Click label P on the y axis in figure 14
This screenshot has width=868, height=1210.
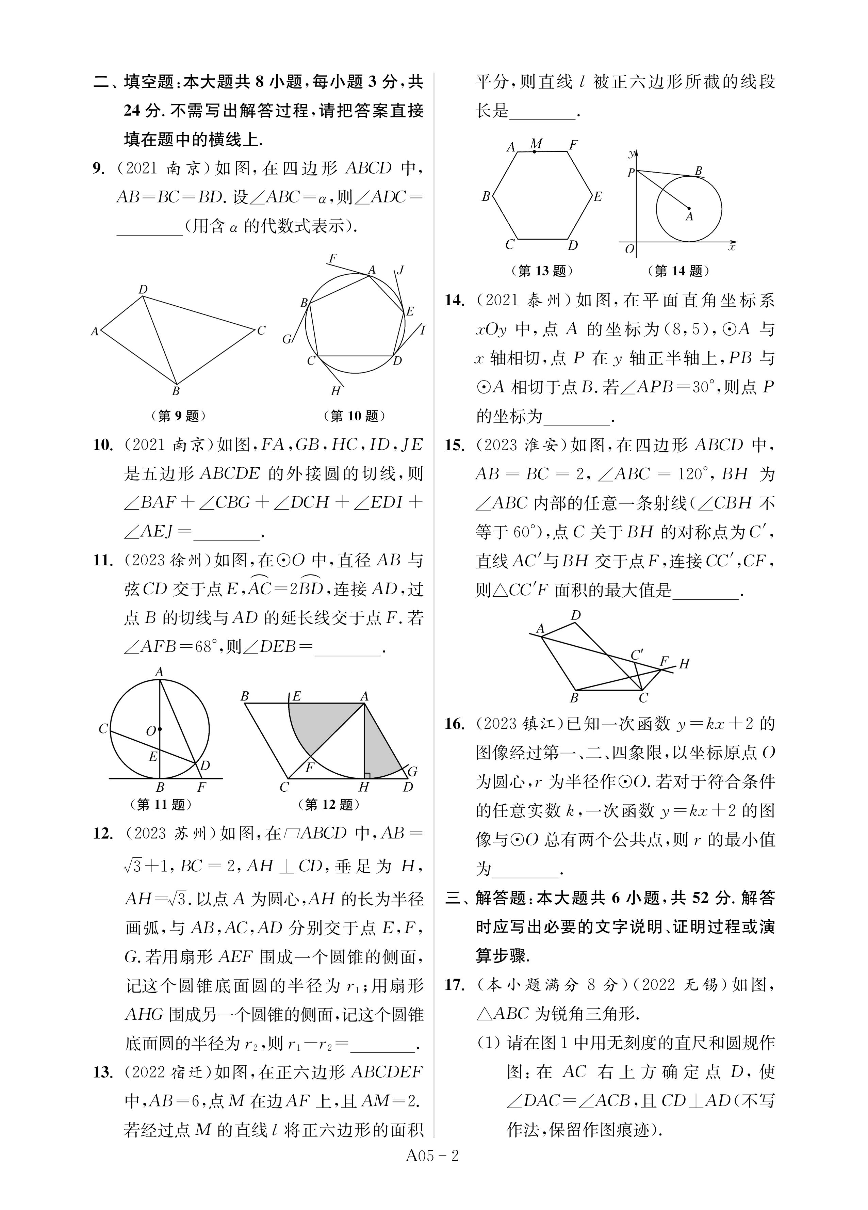(x=631, y=172)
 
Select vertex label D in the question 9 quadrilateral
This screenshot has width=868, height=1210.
(x=143, y=290)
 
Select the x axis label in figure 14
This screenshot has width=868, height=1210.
(x=732, y=247)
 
